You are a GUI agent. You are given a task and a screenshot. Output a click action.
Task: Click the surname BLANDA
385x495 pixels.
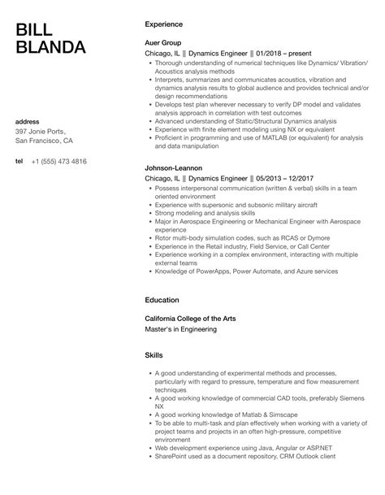[50, 48]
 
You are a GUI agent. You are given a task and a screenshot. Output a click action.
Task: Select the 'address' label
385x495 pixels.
[28, 122]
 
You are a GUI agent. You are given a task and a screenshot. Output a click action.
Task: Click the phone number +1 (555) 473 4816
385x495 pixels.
[58, 162]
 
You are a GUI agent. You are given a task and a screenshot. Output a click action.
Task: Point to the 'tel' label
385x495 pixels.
[19, 162]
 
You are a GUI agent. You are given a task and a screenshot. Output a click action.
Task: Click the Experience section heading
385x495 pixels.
[163, 24]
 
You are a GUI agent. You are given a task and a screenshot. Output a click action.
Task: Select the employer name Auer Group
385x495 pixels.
[162, 42]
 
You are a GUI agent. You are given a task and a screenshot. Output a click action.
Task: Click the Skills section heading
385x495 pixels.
[154, 356]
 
